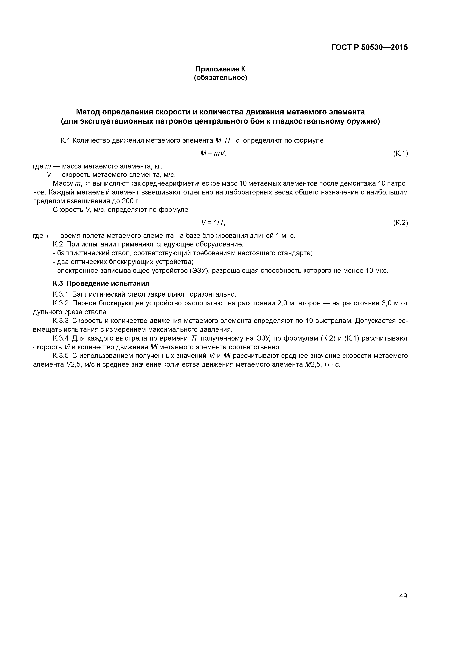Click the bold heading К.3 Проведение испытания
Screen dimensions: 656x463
tap(101, 283)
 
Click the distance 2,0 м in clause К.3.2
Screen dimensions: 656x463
tap(286, 303)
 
